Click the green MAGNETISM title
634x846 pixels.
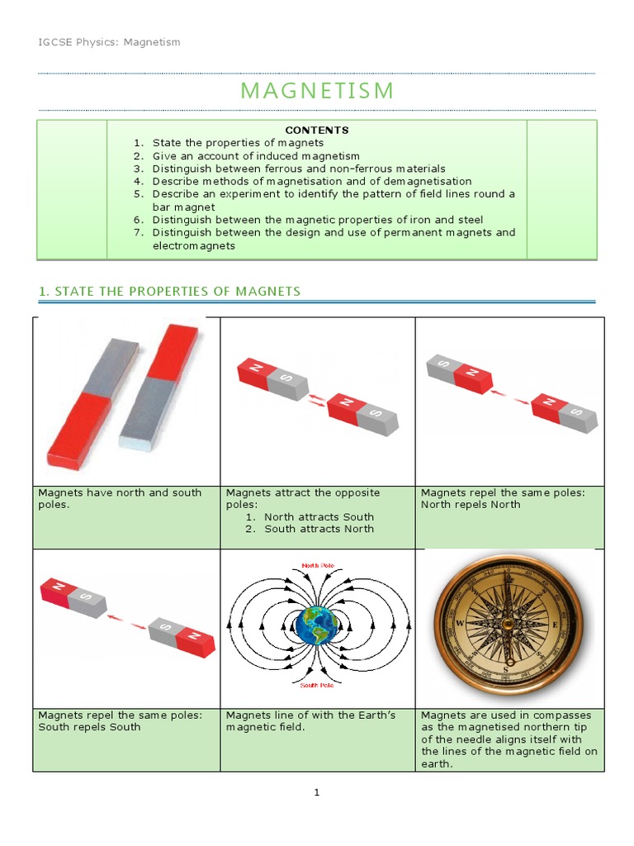point(317,91)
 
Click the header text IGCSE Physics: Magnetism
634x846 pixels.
point(109,42)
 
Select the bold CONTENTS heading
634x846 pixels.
point(317,130)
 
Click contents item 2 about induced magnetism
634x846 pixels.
point(256,156)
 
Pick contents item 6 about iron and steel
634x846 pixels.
point(318,220)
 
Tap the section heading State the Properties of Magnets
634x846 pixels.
point(170,291)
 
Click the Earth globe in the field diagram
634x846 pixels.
point(317,625)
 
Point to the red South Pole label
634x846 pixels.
point(317,686)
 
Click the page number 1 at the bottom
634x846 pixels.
point(316,793)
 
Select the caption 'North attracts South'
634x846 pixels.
point(319,517)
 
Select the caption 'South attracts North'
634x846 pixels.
point(319,529)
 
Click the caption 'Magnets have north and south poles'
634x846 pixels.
point(120,498)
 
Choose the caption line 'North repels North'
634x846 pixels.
point(471,504)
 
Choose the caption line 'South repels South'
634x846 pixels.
point(89,727)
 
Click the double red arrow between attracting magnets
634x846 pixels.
point(317,400)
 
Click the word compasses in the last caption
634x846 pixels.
point(569,715)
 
